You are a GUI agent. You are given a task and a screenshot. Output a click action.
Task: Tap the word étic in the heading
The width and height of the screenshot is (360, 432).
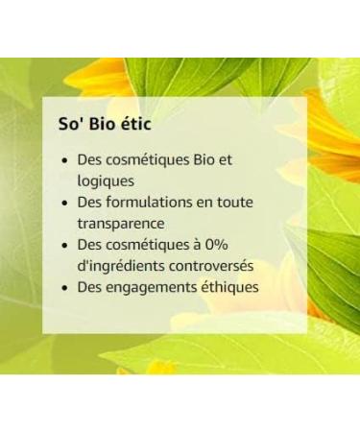point(138,126)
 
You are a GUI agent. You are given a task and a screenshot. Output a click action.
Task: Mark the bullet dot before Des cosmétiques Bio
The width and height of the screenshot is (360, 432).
point(63,161)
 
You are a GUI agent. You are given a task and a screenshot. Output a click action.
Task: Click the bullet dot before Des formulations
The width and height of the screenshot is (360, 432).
point(63,204)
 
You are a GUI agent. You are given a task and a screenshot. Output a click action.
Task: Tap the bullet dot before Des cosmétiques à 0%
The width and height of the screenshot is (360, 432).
point(63,246)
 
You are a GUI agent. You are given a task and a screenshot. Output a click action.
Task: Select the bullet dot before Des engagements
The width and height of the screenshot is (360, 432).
point(63,287)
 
